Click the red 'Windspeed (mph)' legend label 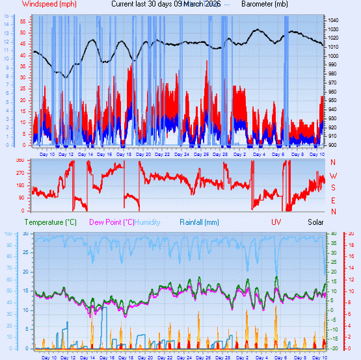pos(49,4)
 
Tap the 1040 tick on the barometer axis pos(334,21)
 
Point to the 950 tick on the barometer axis pos(332,101)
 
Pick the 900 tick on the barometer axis pos(332,145)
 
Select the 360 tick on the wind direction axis pos(20,161)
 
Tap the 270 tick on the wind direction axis pos(20,173)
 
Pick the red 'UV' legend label pos(276,222)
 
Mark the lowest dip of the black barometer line pos(65,77)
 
